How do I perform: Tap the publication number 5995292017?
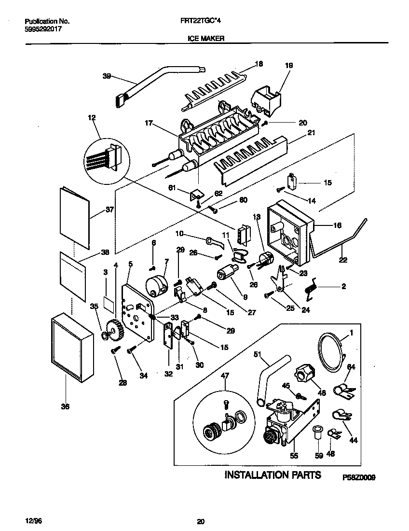pos(43,28)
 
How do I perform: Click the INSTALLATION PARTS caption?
pos(273,475)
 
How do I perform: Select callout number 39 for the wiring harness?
pos(107,75)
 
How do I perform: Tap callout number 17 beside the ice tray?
pos(148,124)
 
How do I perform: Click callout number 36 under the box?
pos(65,406)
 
